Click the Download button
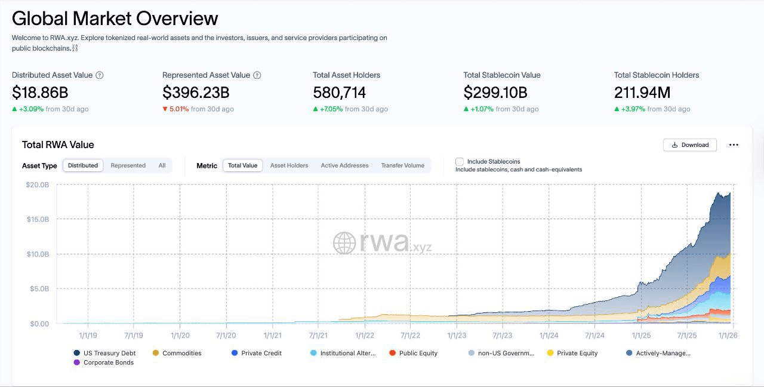690,145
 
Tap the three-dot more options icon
734,145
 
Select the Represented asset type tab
128,165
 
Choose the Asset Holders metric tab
289,165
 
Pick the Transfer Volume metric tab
402,165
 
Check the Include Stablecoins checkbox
460,162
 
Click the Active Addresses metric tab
344,165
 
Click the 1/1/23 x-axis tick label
457,336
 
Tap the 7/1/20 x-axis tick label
226,336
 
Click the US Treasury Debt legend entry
105,353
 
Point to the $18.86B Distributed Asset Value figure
40,93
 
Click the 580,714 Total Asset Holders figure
339,93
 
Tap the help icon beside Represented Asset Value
257,75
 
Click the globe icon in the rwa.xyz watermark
344,243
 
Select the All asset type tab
162,165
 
